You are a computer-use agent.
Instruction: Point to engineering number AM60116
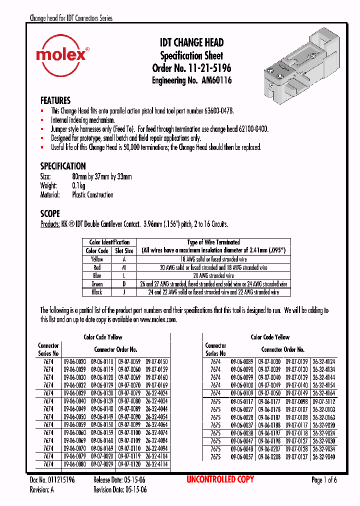[216, 80]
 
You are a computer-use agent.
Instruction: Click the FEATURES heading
[55, 100]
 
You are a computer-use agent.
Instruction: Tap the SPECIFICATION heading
[62, 166]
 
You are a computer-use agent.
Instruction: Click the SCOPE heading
[49, 213]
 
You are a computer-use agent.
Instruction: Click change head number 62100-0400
[250, 129]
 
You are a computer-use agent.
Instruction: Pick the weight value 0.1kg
[78, 186]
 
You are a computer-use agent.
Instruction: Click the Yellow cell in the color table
[97, 259]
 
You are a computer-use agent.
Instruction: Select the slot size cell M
[124, 267]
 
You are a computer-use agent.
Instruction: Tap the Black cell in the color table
[97, 292]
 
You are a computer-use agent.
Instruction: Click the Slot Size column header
[124, 251]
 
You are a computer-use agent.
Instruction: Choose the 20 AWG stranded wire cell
[213, 275]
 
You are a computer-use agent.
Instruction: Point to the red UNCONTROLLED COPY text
[220, 480]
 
